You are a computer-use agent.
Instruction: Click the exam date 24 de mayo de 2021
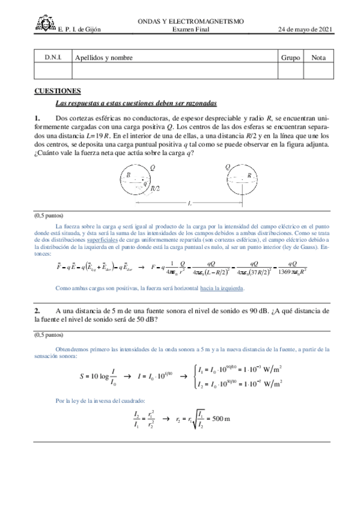point(305,29)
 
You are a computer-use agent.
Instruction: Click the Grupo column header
point(290,58)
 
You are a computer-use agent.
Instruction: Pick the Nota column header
point(319,58)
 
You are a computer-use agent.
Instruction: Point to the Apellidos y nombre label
point(103,58)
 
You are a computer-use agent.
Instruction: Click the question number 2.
point(37,310)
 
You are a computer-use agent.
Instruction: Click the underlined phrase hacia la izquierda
point(222,288)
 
